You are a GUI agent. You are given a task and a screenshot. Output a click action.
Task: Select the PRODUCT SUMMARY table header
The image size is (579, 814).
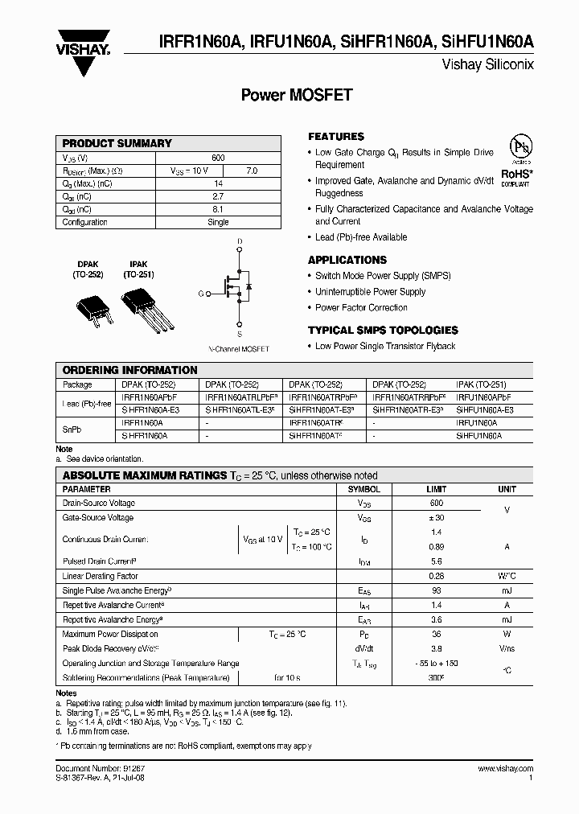pyautogui.click(x=117, y=143)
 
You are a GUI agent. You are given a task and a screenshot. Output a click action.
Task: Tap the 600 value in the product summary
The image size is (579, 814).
pyautogui.click(x=218, y=158)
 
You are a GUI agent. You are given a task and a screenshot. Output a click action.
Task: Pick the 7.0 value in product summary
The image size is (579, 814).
pyautogui.click(x=251, y=171)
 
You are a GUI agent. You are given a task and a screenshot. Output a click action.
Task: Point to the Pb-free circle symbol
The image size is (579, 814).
pyautogui.click(x=520, y=147)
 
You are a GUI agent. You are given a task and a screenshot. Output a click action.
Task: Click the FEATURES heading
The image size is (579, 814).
pyautogui.click(x=336, y=137)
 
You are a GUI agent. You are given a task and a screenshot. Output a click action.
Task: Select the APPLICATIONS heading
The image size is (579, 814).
pyautogui.click(x=347, y=260)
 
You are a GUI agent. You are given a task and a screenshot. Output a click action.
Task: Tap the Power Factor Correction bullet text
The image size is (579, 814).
pyautogui.click(x=361, y=307)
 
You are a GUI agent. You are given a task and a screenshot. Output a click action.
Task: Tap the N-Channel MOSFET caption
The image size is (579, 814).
pyautogui.click(x=239, y=349)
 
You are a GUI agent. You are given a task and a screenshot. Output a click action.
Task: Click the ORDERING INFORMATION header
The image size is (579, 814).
pyautogui.click(x=130, y=370)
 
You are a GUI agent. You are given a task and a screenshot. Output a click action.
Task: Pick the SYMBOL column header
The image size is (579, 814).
pyautogui.click(x=363, y=489)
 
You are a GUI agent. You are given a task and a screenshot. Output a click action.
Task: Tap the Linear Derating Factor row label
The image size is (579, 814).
pyautogui.click(x=101, y=576)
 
